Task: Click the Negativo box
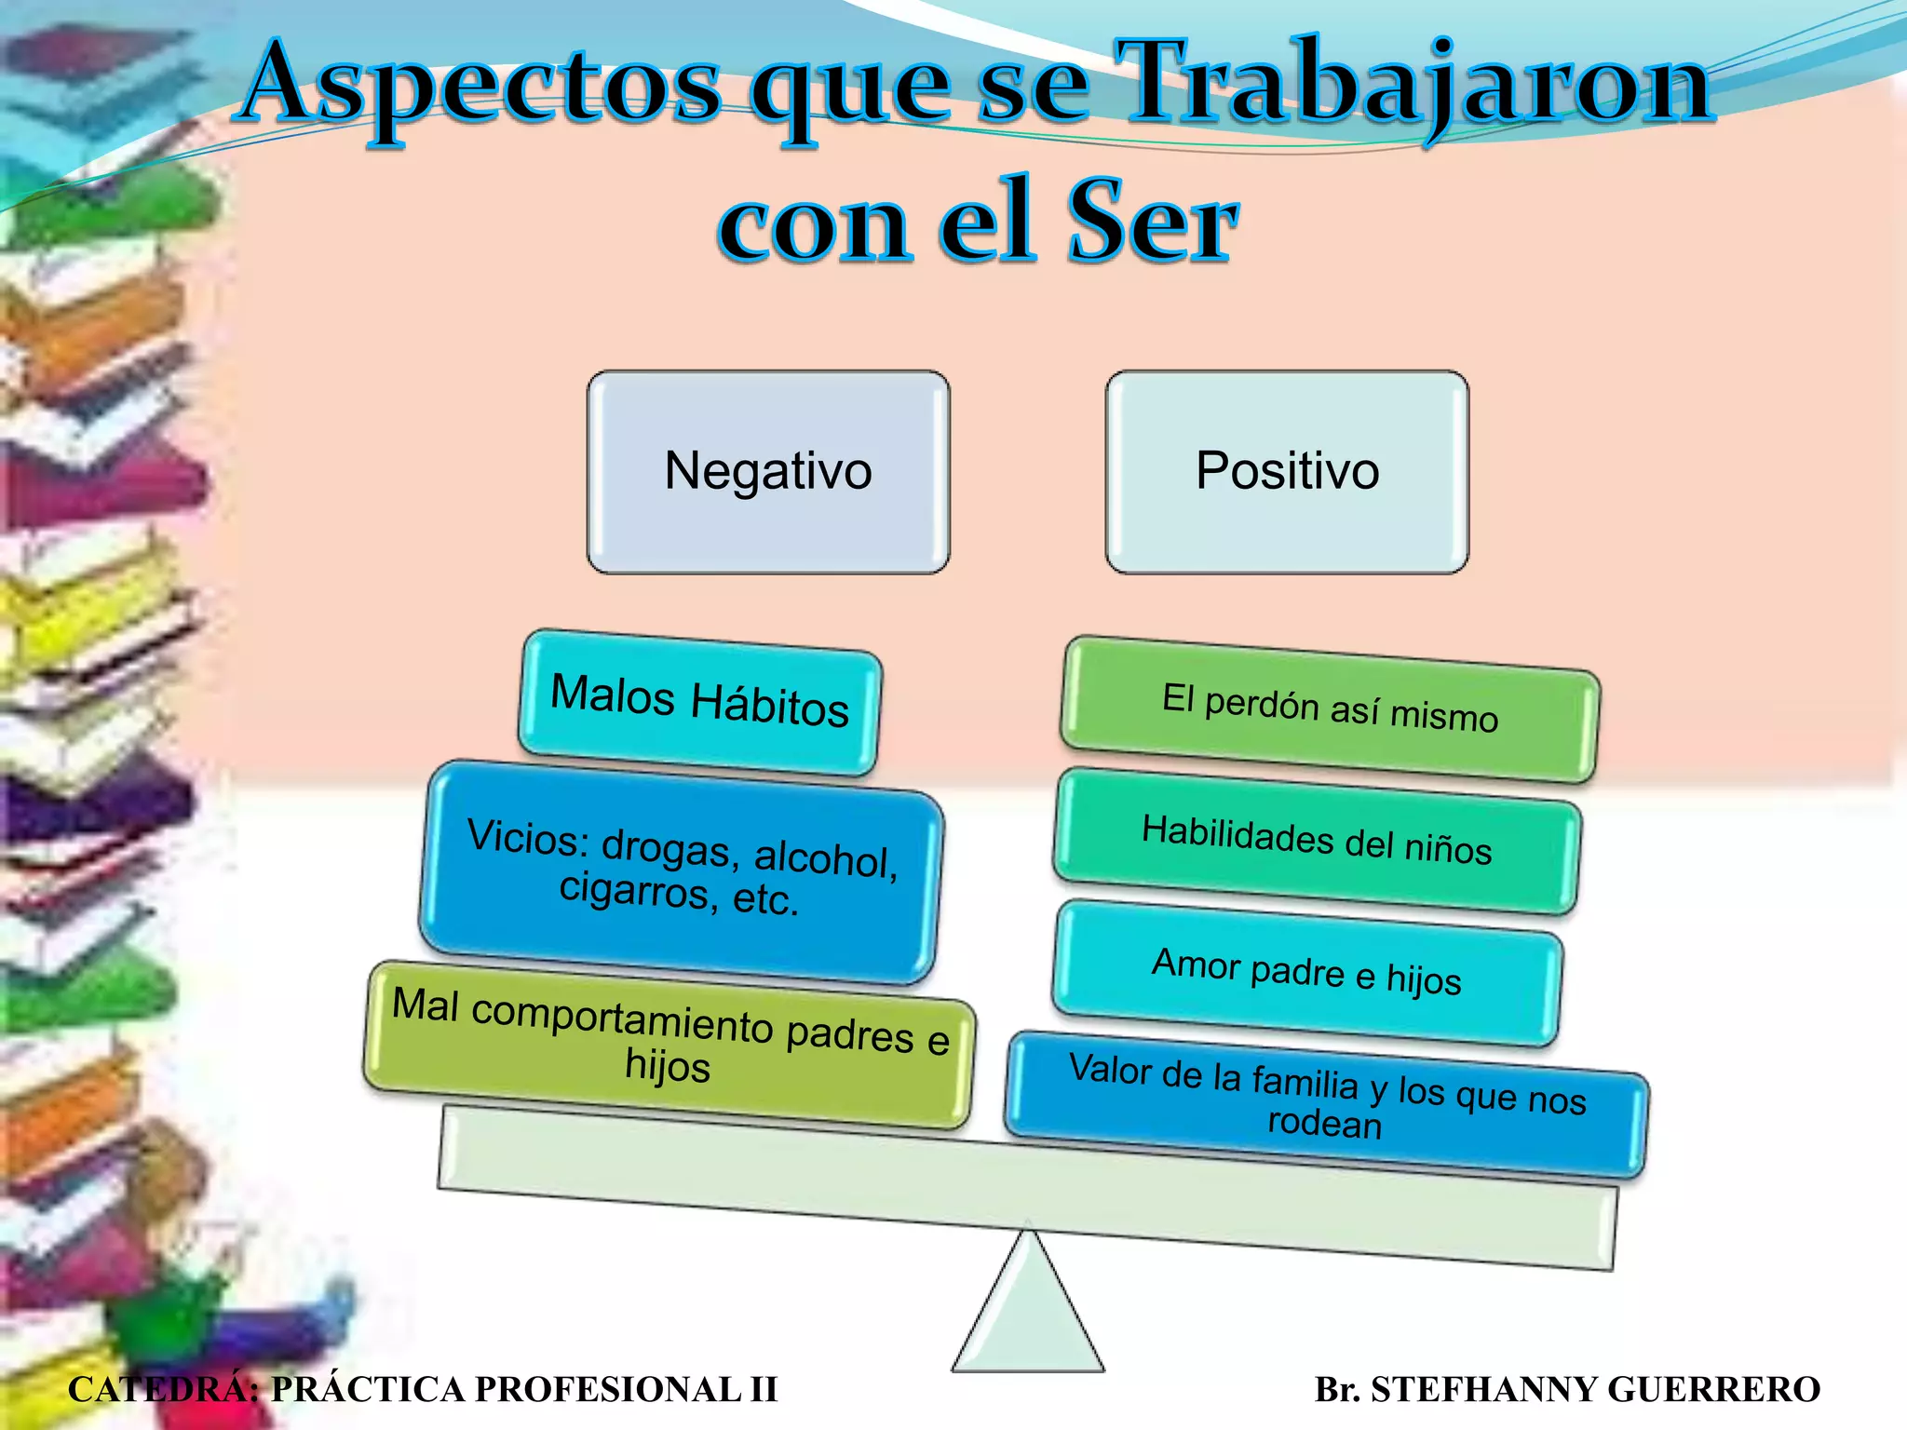tap(768, 472)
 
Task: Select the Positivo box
tap(1287, 472)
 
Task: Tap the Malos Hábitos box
tap(699, 702)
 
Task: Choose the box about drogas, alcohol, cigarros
tap(681, 871)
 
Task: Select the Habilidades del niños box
tap(1317, 840)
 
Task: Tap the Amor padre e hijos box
tap(1306, 971)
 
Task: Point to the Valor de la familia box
tap(1326, 1103)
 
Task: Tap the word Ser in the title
tap(1151, 222)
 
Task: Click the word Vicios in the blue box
tap(527, 836)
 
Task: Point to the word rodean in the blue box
tap(1324, 1124)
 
